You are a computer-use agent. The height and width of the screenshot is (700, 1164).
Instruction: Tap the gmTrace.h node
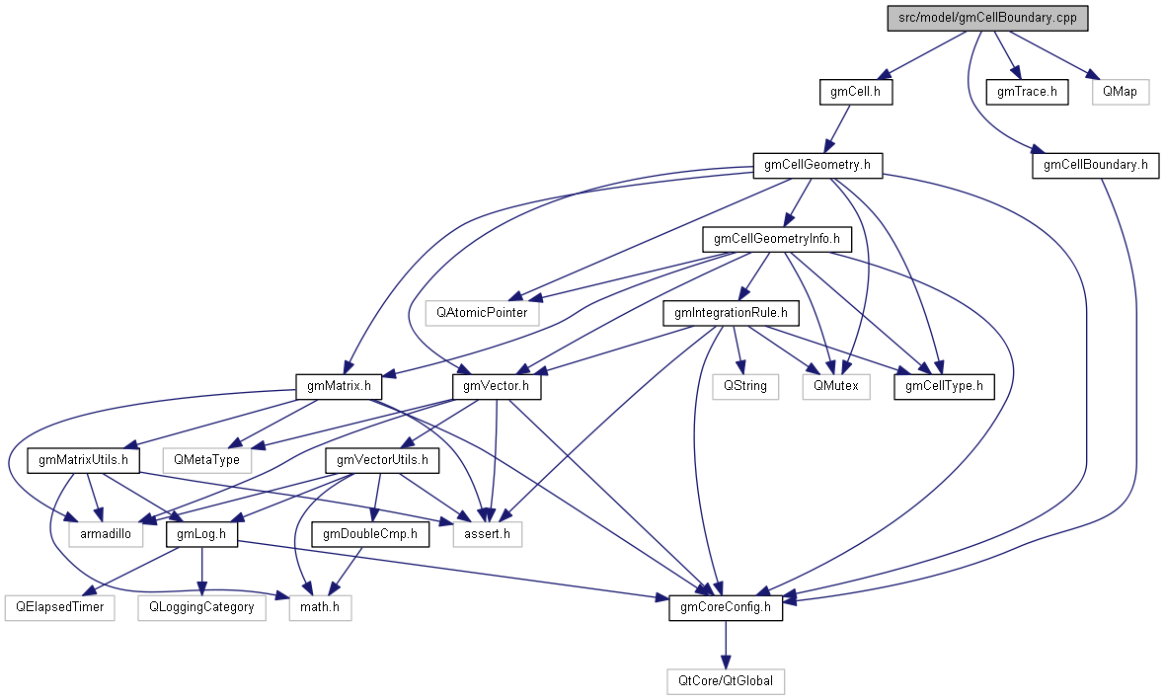pyautogui.click(x=1027, y=93)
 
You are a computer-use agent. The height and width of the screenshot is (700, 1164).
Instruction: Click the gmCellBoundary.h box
pyautogui.click(x=1095, y=165)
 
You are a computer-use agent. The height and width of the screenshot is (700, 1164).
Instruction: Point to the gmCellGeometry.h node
pyautogui.click(x=816, y=165)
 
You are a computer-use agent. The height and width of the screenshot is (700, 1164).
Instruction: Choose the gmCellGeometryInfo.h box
pyautogui.click(x=776, y=239)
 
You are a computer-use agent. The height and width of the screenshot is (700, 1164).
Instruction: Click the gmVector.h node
pyautogui.click(x=496, y=386)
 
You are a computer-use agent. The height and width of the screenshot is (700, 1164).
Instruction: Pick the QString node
pyautogui.click(x=745, y=386)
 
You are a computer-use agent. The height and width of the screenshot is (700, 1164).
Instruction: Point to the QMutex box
pyautogui.click(x=836, y=386)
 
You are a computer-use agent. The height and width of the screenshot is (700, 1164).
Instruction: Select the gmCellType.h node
pyautogui.click(x=944, y=386)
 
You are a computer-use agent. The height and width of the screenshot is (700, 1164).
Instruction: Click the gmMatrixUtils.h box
pyautogui.click(x=84, y=460)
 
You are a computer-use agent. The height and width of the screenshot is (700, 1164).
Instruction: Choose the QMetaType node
pyautogui.click(x=207, y=460)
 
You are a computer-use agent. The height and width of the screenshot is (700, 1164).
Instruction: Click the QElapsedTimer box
pyautogui.click(x=59, y=607)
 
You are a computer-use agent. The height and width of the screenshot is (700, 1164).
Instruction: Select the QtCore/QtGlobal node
pyautogui.click(x=726, y=681)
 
